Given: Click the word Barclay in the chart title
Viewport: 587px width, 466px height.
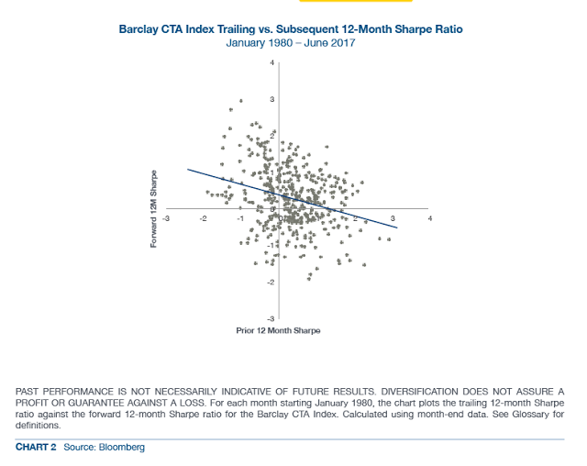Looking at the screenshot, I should pyautogui.click(x=139, y=29).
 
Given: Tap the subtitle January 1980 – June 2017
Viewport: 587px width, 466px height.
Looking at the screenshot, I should pyautogui.click(x=291, y=43).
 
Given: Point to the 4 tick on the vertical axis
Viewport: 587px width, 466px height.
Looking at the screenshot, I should pyautogui.click(x=271, y=62).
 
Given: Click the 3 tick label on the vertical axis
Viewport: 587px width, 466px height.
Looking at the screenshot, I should pyautogui.click(x=271, y=99).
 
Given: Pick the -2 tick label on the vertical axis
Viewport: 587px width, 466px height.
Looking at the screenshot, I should pyautogui.click(x=270, y=282).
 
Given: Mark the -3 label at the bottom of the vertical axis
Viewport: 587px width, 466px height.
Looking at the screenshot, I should pyautogui.click(x=270, y=318).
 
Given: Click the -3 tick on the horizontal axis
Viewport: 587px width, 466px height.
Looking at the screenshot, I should pyautogui.click(x=165, y=218).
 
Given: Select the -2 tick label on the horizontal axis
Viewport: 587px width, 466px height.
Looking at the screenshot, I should pyautogui.click(x=204, y=218).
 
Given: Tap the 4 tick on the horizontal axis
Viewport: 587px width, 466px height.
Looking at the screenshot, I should pyautogui.click(x=429, y=218).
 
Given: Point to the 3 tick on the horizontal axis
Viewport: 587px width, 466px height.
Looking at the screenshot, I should pyautogui.click(x=393, y=218).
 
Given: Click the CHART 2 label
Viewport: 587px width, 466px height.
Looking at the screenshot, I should pyautogui.click(x=37, y=447).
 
